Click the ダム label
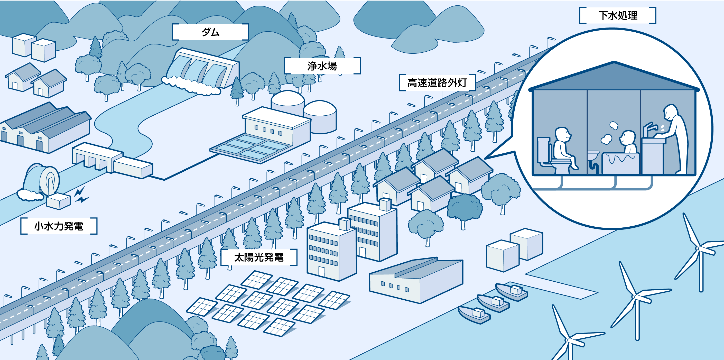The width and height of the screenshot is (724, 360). tap(210, 32)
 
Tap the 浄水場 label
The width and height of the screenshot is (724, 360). tap(322, 66)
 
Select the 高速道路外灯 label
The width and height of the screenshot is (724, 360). tap(437, 83)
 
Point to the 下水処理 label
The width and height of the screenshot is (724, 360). tap(617, 15)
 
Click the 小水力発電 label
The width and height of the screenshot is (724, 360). tap(59, 226)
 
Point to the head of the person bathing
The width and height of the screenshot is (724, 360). tap(627, 138)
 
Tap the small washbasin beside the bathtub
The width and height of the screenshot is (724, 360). tap(593, 155)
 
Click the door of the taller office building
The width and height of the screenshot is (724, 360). tap(362, 252)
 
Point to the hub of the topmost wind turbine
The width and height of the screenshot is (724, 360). tap(699, 248)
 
